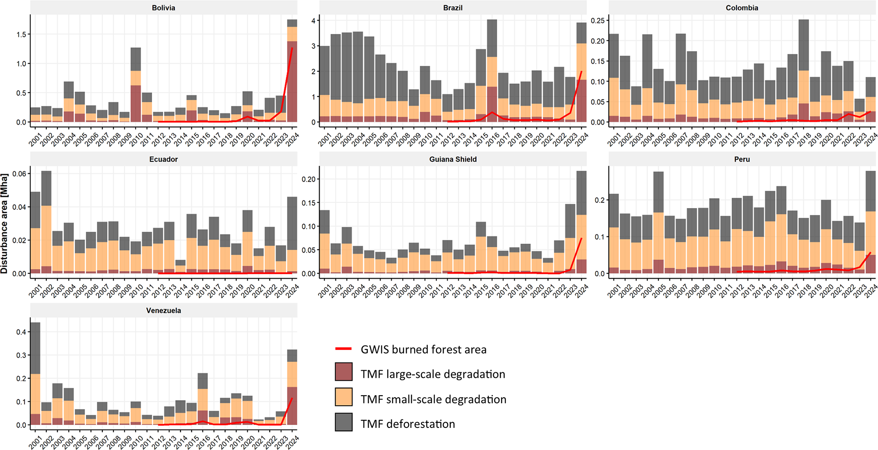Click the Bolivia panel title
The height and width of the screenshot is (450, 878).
coord(164,8)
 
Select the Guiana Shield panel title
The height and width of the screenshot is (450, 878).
coord(453,159)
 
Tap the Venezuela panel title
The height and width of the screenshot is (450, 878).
coord(164,310)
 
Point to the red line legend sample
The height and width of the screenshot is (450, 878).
coord(343,349)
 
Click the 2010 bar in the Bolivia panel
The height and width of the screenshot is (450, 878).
coord(136,85)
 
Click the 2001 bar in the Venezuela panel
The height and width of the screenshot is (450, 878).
coord(35,374)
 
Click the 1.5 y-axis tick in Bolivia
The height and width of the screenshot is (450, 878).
coord(20,34)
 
